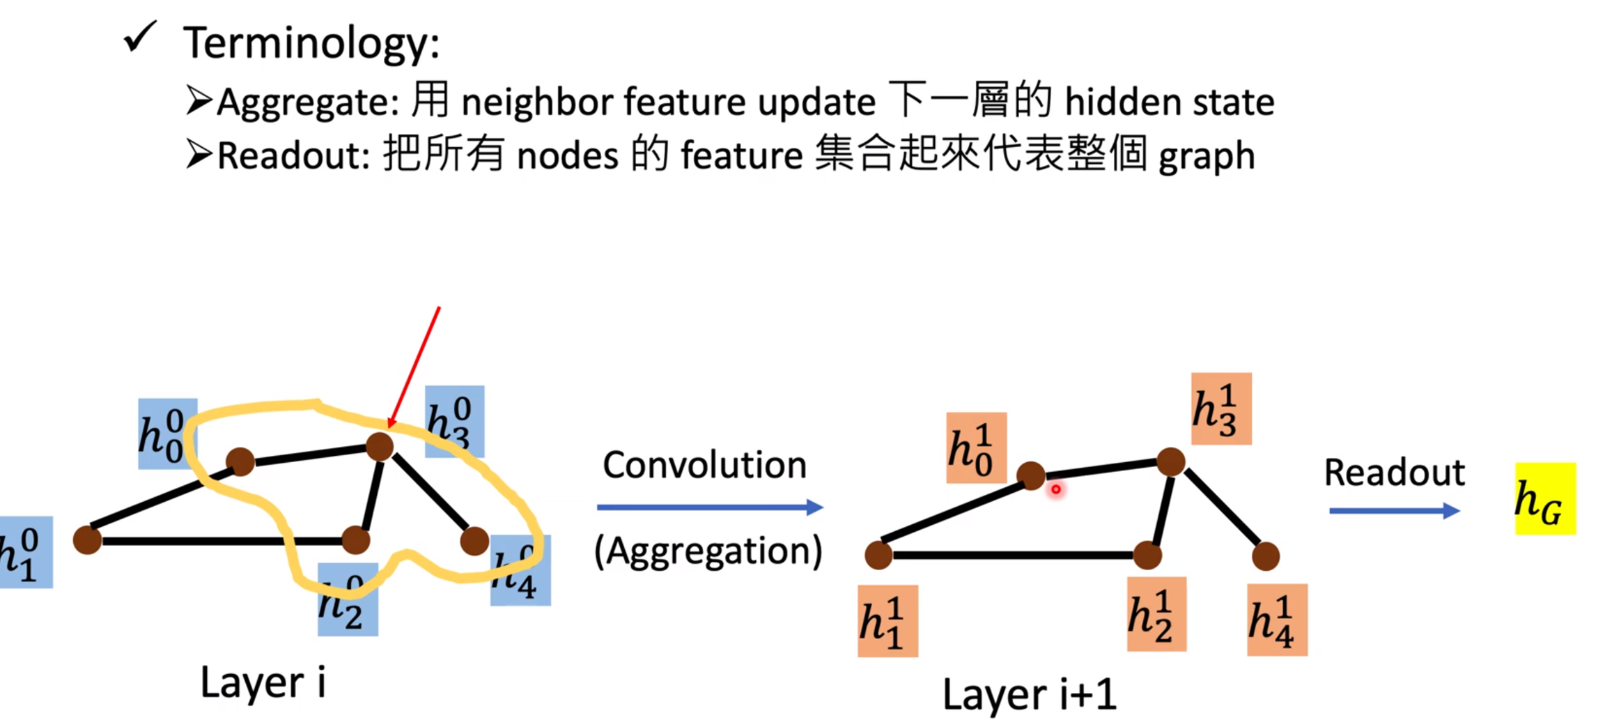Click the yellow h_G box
coord(1544,498)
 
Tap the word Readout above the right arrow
coord(1394,473)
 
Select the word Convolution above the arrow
coord(704,465)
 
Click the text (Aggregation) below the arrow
coord(708,551)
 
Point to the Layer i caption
coord(263,682)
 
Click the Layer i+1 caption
coord(1029,694)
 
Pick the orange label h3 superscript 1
coord(1220,408)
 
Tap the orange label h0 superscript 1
coord(975,447)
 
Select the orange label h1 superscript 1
coord(887,620)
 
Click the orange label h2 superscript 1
coord(1156,614)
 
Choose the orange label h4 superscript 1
coord(1276,620)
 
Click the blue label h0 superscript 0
coord(166,434)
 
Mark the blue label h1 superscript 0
coord(25,552)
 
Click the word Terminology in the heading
coord(311,43)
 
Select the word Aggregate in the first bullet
coord(307,102)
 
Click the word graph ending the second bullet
coord(1206,156)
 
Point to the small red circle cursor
coord(1055,489)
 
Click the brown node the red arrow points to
coord(380,446)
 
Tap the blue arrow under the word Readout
coord(1393,511)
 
